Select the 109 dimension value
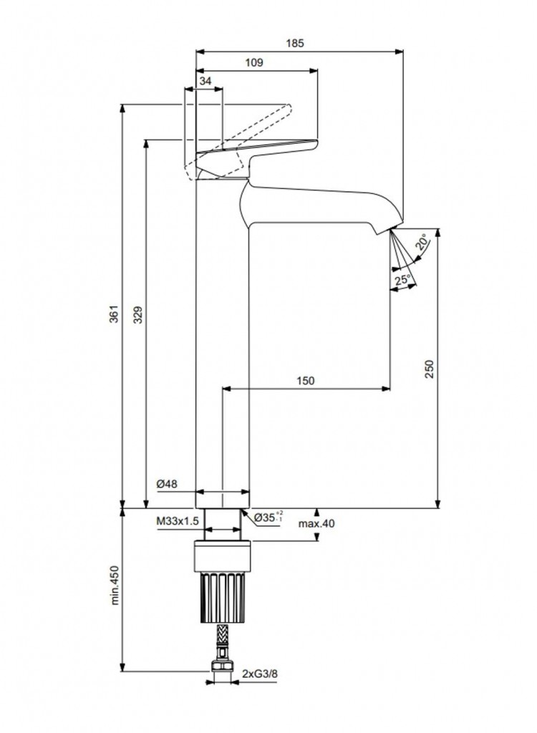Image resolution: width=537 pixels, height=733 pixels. (x=254, y=63)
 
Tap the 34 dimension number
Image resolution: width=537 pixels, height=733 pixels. (x=205, y=82)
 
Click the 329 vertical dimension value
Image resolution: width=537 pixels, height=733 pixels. (x=138, y=315)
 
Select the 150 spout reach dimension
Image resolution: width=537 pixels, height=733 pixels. (x=306, y=381)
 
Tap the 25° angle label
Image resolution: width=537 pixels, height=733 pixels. (x=402, y=279)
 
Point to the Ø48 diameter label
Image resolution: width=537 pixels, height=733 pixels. (x=167, y=485)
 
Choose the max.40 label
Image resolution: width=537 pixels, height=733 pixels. (x=316, y=523)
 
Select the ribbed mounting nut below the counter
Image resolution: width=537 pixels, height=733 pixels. (x=223, y=594)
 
